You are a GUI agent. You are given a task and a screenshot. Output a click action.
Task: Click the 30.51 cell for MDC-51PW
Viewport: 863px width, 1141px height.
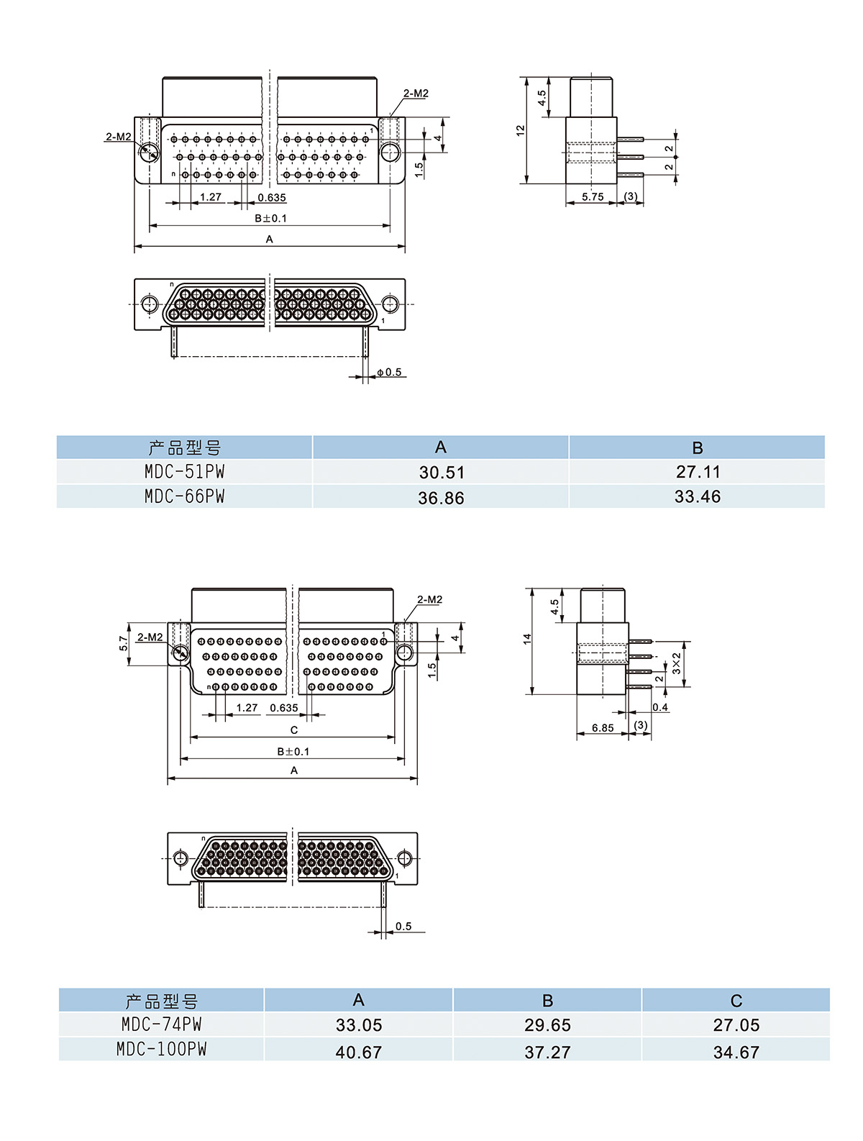click(442, 473)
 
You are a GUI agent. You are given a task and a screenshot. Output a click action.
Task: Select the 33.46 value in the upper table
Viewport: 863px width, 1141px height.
click(697, 497)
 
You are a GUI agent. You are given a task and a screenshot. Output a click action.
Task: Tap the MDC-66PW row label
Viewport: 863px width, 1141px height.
click(184, 497)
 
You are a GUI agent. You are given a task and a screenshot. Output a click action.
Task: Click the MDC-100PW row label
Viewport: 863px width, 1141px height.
click(161, 1050)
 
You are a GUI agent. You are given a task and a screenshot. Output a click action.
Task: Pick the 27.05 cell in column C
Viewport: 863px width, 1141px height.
click(736, 1025)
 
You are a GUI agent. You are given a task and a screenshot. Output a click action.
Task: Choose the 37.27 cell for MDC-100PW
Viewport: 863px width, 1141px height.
click(547, 1053)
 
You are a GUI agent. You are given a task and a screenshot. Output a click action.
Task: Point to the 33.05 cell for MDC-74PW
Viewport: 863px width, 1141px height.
click(359, 1025)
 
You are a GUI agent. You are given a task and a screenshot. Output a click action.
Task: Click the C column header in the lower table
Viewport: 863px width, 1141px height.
click(736, 1001)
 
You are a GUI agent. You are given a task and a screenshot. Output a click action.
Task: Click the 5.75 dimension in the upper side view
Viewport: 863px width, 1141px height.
click(593, 197)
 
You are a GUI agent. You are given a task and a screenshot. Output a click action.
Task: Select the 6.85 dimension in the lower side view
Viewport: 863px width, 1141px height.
click(603, 728)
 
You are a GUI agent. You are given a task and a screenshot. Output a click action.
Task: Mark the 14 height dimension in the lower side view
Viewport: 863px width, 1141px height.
click(527, 639)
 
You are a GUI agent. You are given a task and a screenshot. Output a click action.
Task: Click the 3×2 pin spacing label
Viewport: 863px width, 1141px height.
click(677, 664)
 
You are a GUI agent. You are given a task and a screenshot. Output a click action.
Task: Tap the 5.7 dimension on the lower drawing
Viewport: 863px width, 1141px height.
click(124, 642)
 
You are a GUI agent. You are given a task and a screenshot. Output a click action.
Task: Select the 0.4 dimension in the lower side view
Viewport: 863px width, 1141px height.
click(660, 708)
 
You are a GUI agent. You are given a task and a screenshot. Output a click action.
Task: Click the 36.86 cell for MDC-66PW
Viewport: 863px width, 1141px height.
click(441, 498)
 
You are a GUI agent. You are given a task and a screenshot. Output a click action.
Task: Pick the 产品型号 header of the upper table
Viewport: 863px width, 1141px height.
click(184, 448)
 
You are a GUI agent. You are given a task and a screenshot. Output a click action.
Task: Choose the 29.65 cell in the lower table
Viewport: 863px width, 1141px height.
click(547, 1025)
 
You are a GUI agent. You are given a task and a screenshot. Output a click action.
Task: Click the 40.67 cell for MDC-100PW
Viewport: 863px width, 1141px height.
click(359, 1053)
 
